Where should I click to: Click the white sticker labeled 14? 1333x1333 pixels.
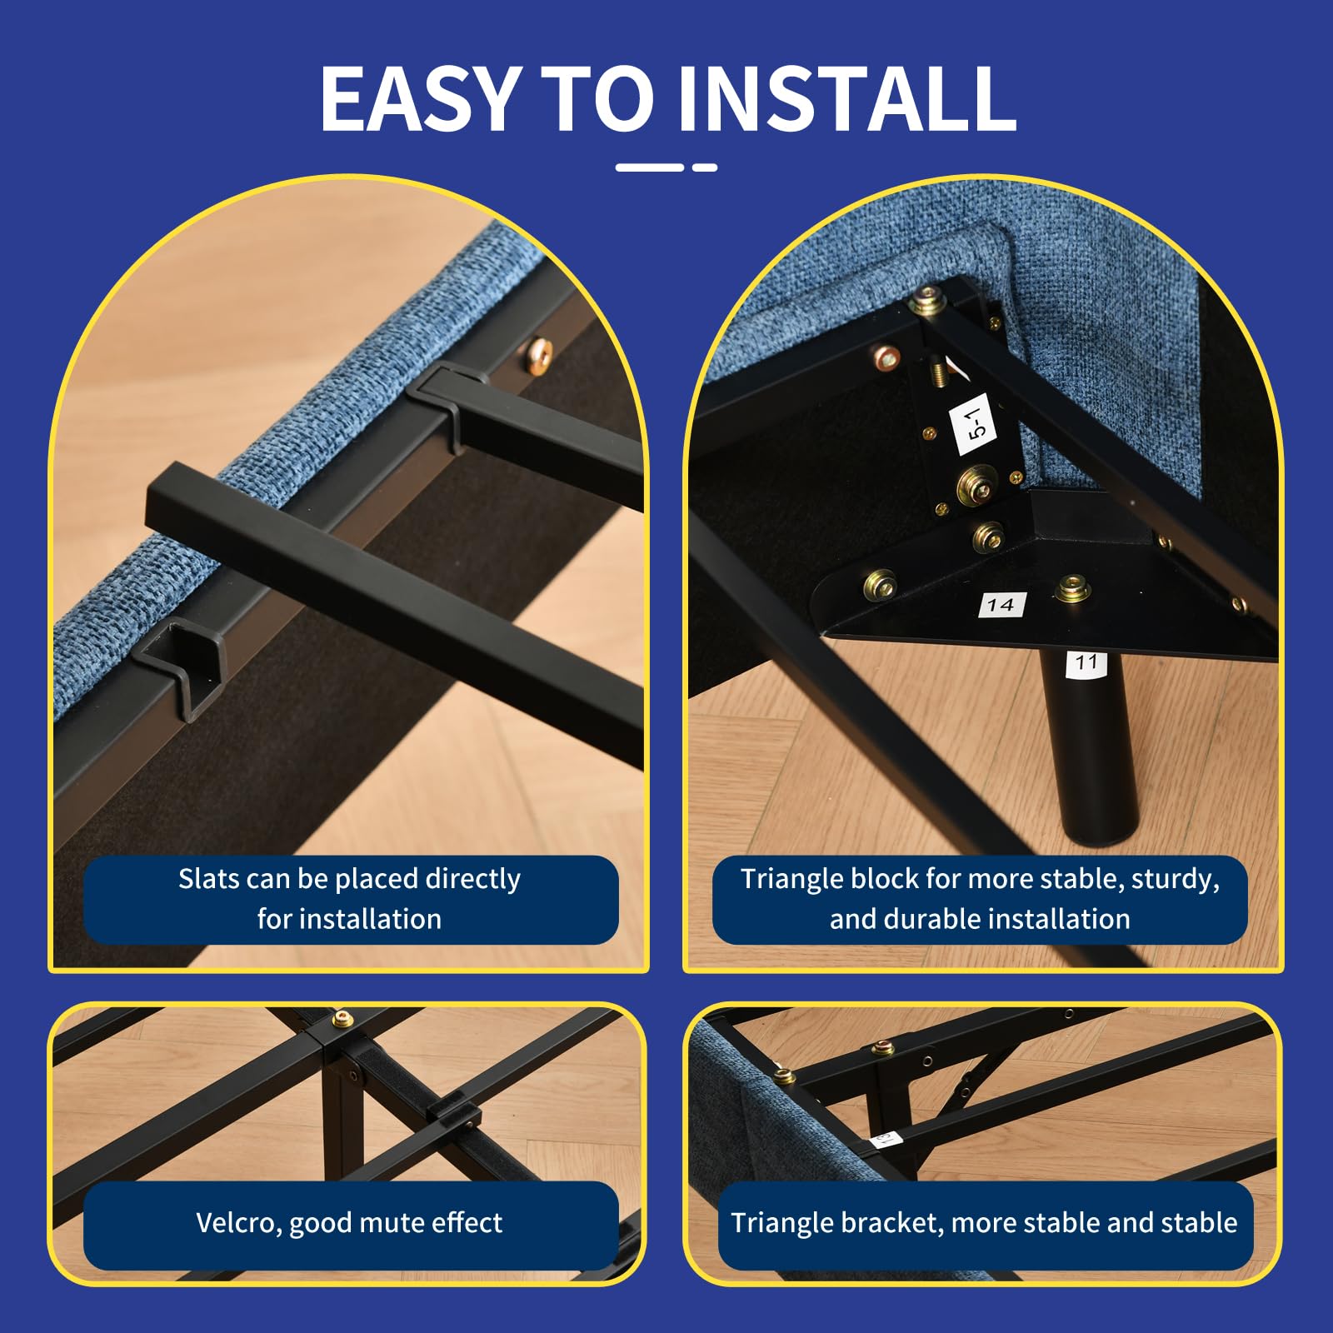(1001, 605)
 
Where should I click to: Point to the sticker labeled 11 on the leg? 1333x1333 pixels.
(1086, 663)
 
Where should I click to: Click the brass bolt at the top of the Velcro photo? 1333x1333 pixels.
(341, 1020)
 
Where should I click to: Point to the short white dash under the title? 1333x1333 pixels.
(705, 167)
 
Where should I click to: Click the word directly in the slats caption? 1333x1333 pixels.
(472, 880)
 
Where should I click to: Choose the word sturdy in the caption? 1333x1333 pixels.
(1175, 880)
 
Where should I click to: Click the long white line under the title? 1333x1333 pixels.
(650, 167)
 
